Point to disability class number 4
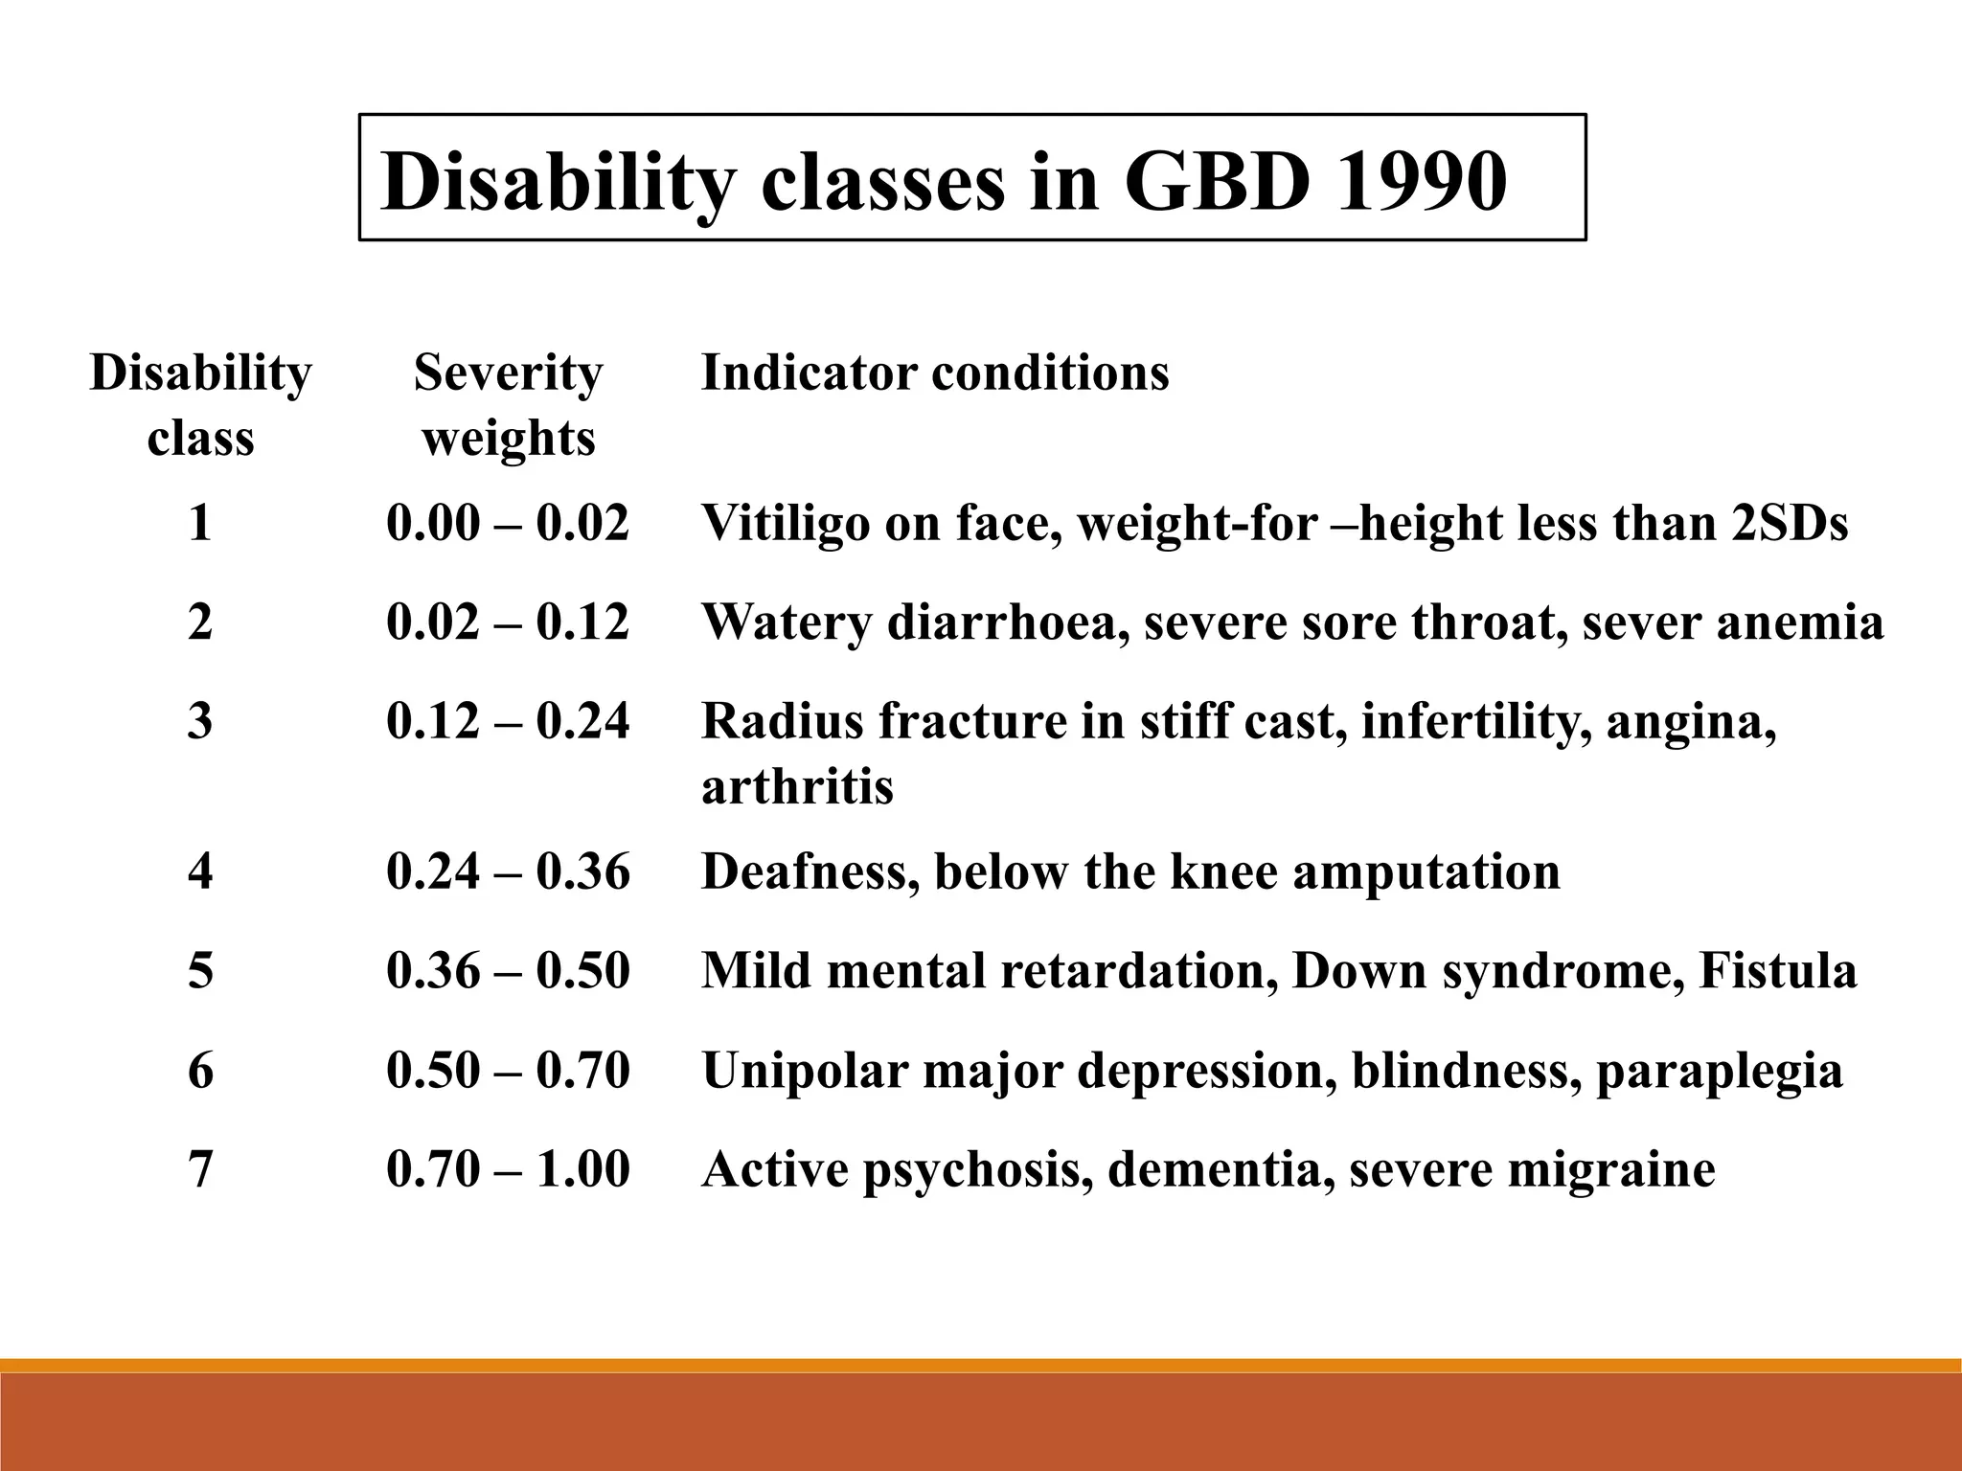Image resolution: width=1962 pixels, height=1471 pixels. [x=200, y=871]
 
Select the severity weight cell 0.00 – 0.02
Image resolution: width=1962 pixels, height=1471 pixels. [x=508, y=523]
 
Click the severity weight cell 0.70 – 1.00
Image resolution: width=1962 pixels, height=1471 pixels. [x=508, y=1169]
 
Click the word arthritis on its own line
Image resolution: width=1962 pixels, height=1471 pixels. [x=797, y=787]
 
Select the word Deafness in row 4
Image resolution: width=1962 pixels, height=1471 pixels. [x=810, y=871]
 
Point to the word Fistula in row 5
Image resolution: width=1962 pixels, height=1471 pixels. [x=1777, y=971]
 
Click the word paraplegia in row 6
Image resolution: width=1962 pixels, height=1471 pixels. [x=1719, y=1071]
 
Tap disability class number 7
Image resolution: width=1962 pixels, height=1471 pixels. [x=200, y=1169]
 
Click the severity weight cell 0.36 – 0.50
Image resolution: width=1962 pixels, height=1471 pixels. [x=508, y=971]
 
